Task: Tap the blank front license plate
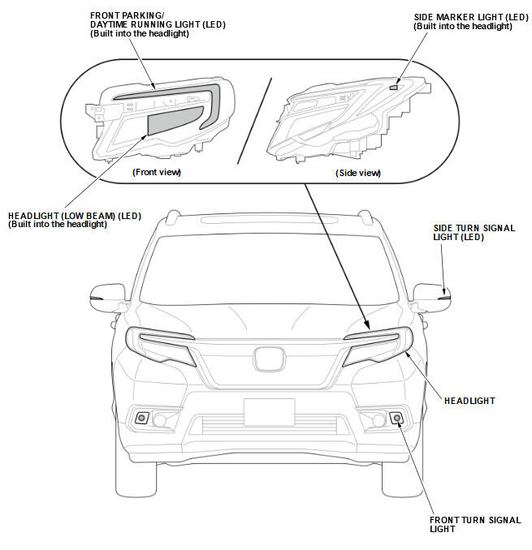point(268,412)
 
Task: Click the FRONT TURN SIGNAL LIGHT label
point(474,523)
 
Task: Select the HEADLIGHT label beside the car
point(469,401)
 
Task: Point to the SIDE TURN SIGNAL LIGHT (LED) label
point(474,233)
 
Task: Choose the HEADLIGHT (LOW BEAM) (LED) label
point(75,220)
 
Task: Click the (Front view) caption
point(156,172)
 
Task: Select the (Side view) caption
point(357,173)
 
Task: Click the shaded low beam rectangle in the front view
point(175,121)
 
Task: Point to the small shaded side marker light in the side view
point(393,85)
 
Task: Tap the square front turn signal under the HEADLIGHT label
point(396,418)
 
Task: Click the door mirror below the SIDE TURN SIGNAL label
point(430,295)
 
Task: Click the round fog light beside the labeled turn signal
point(378,419)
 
